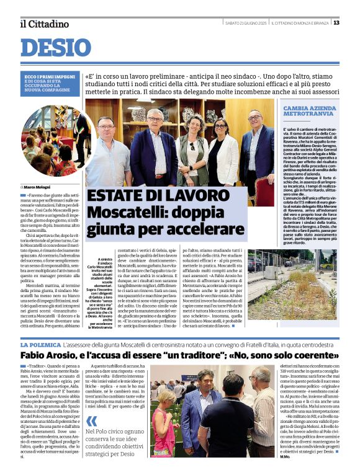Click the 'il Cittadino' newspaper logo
(x=44, y=24)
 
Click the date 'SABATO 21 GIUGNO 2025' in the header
(x=246, y=23)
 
